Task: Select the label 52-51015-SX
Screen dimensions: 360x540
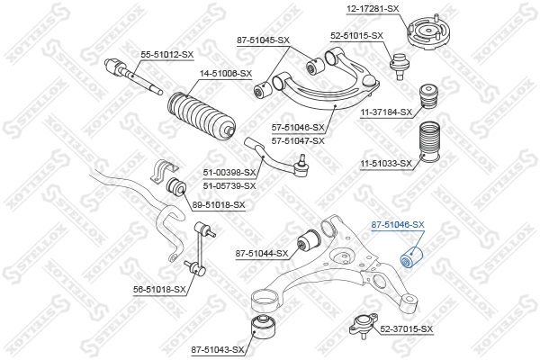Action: click(x=356, y=35)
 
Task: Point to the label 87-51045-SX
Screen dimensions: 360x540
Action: click(x=263, y=40)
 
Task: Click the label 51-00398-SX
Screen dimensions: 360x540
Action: click(x=229, y=173)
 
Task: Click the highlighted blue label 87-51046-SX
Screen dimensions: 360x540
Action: click(x=398, y=224)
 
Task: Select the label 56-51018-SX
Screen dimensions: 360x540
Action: click(x=159, y=289)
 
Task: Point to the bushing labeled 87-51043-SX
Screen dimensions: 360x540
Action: click(x=262, y=326)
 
